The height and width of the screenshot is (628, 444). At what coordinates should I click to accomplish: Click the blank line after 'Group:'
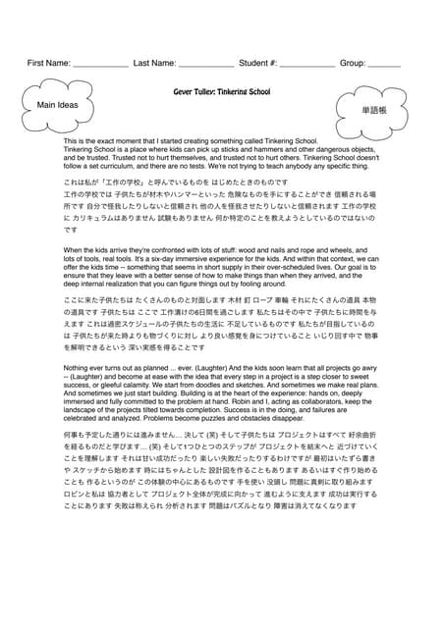click(x=385, y=65)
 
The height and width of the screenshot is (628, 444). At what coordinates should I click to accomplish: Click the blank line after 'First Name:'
click(x=101, y=65)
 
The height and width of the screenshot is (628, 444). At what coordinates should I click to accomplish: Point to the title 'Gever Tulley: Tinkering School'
click(x=221, y=90)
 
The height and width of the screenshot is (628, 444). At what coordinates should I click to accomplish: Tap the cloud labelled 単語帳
click(x=371, y=111)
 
